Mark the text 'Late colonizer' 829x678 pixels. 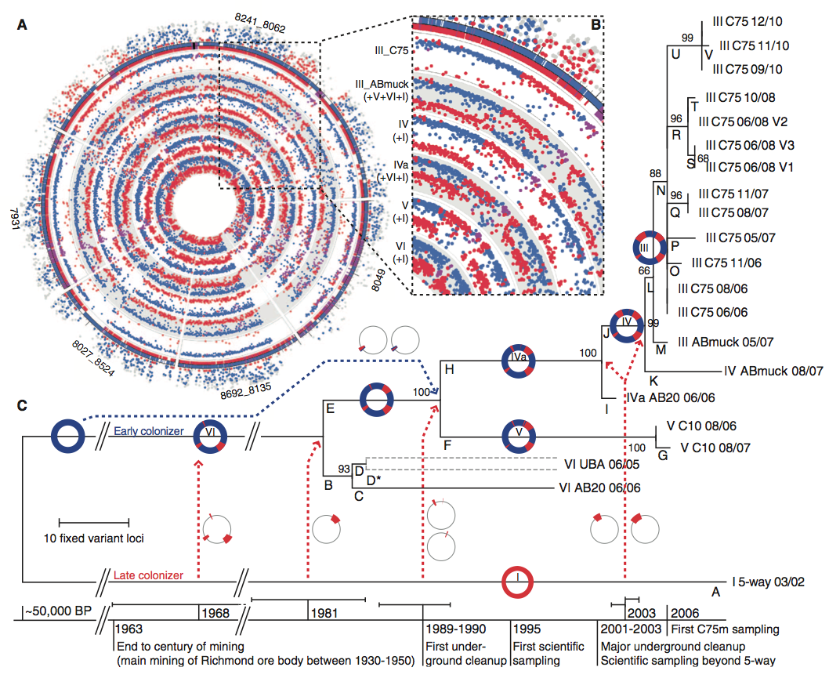coord(149,576)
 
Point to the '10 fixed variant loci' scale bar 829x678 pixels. coord(94,522)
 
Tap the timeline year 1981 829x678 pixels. coord(325,611)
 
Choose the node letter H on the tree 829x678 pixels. coord(449,368)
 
